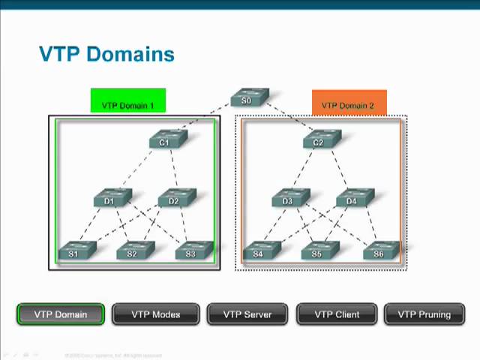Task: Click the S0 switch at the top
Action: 248,99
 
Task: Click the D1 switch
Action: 111,199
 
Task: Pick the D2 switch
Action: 175,199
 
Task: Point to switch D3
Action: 289,199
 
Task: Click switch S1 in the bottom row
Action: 75,252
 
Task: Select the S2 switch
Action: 133,252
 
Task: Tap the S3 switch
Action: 192,252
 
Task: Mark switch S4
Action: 260,252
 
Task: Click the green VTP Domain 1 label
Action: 127,104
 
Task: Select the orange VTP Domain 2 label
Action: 348,104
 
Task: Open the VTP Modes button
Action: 155,314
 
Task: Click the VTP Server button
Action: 247,314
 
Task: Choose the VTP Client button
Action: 337,314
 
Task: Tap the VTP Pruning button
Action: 424,314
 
